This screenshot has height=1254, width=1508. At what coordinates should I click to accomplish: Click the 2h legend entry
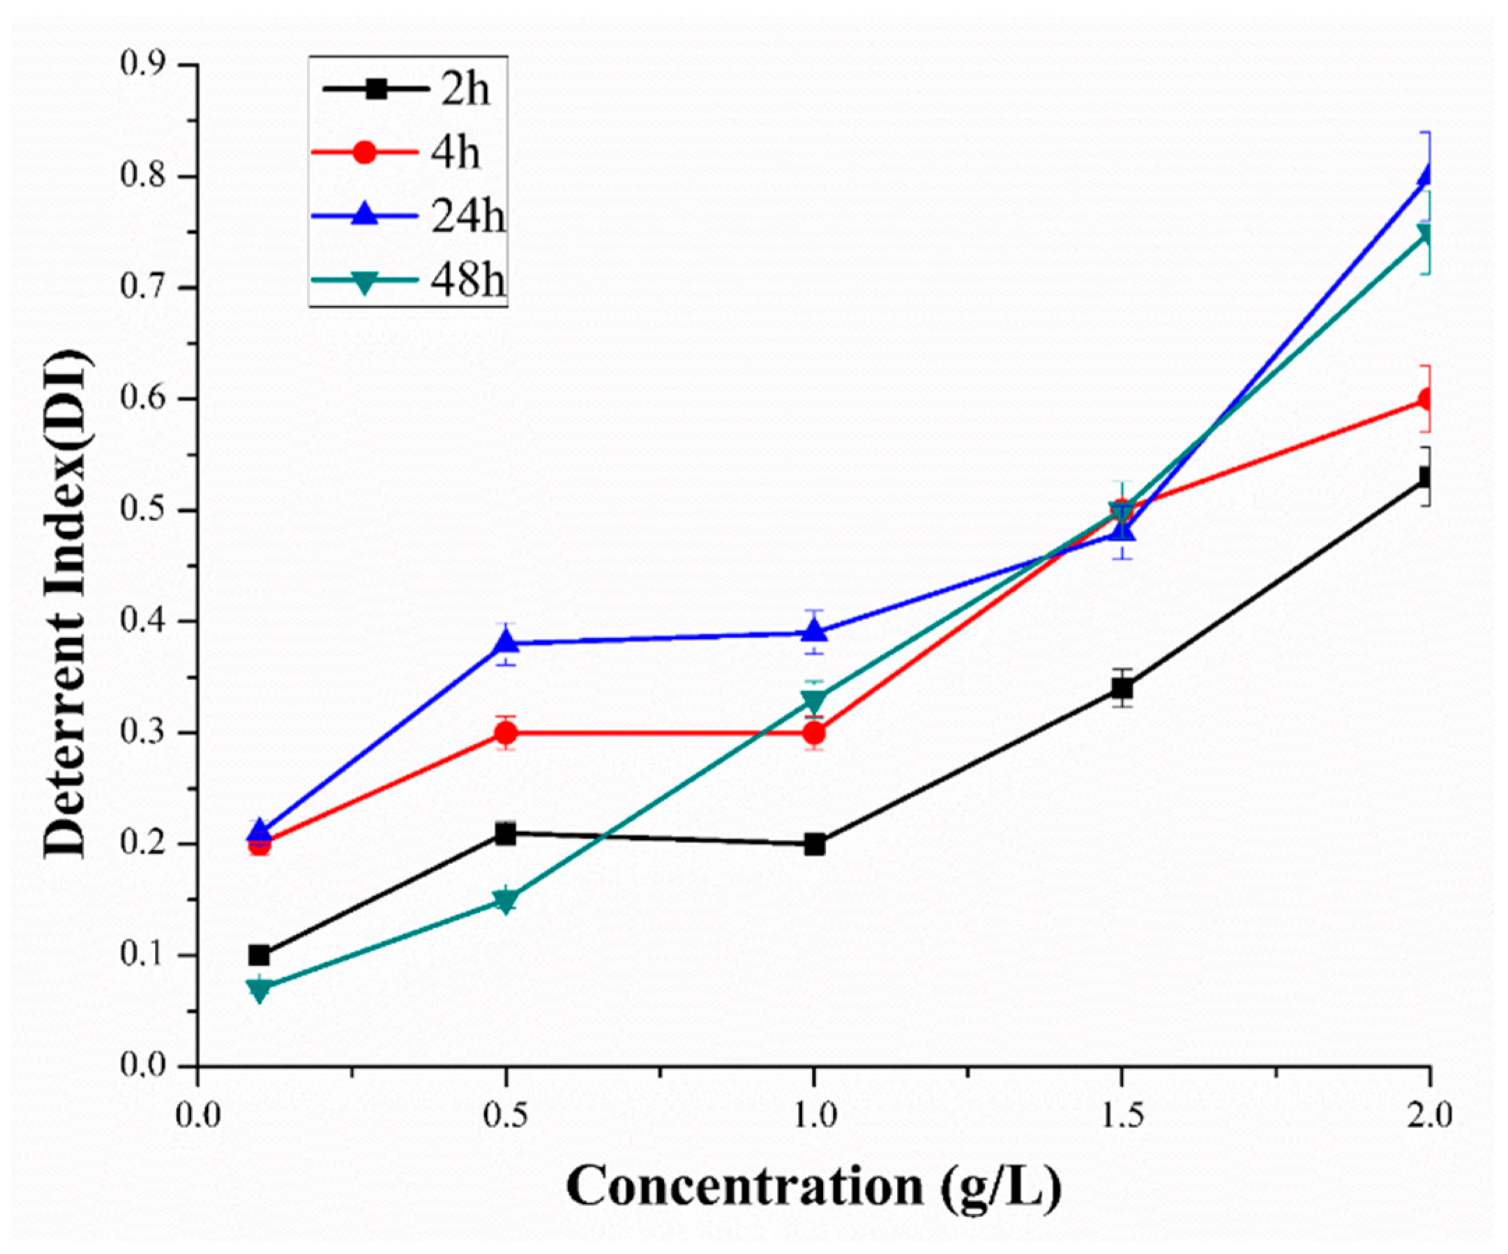(407, 91)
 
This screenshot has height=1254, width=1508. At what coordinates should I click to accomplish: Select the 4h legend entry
(407, 153)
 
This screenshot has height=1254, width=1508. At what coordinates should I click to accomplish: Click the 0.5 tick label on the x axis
(506, 1117)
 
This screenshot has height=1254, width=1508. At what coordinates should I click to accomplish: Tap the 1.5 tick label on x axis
(1122, 1117)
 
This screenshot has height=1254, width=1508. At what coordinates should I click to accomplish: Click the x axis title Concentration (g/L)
(813, 1186)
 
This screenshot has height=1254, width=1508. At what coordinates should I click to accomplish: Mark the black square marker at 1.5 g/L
(1122, 689)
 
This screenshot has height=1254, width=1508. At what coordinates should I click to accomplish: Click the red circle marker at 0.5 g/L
(506, 732)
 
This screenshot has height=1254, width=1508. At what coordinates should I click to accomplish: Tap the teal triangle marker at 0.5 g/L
(506, 900)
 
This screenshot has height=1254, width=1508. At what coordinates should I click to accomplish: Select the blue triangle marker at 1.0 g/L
(813, 630)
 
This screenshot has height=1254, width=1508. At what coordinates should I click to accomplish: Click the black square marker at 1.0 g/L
(813, 845)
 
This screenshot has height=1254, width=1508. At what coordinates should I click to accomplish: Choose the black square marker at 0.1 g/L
(259, 955)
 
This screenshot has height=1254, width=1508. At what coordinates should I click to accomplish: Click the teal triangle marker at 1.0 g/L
(813, 700)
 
